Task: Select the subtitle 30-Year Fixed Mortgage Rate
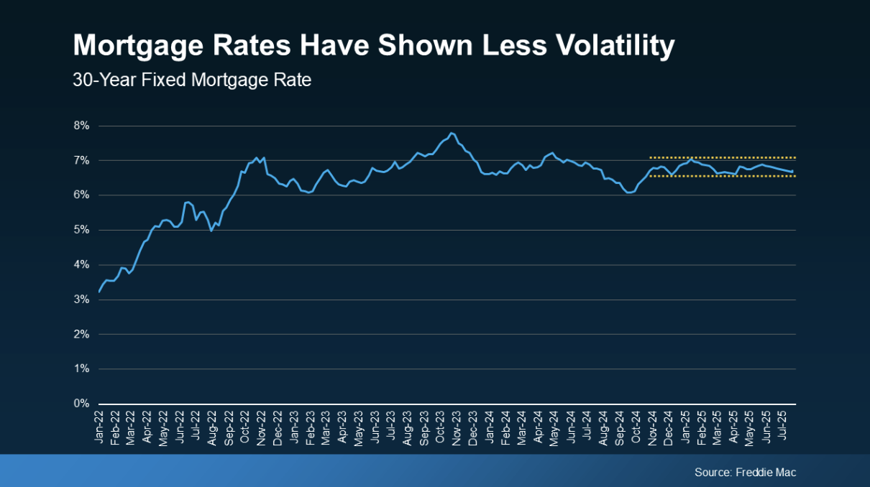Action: click(x=192, y=80)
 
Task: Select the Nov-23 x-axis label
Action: click(x=456, y=425)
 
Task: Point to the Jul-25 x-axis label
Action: click(x=782, y=425)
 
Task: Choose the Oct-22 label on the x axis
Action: click(x=245, y=425)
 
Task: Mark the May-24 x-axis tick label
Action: click(x=554, y=425)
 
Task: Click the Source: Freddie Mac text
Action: click(x=745, y=473)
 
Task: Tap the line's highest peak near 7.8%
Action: click(x=452, y=134)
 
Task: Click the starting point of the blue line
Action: click(x=99, y=291)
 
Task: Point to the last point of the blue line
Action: click(x=792, y=172)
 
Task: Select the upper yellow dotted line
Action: click(x=723, y=157)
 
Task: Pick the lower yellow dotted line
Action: click(x=723, y=176)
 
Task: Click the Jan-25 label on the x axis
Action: click(x=685, y=425)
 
